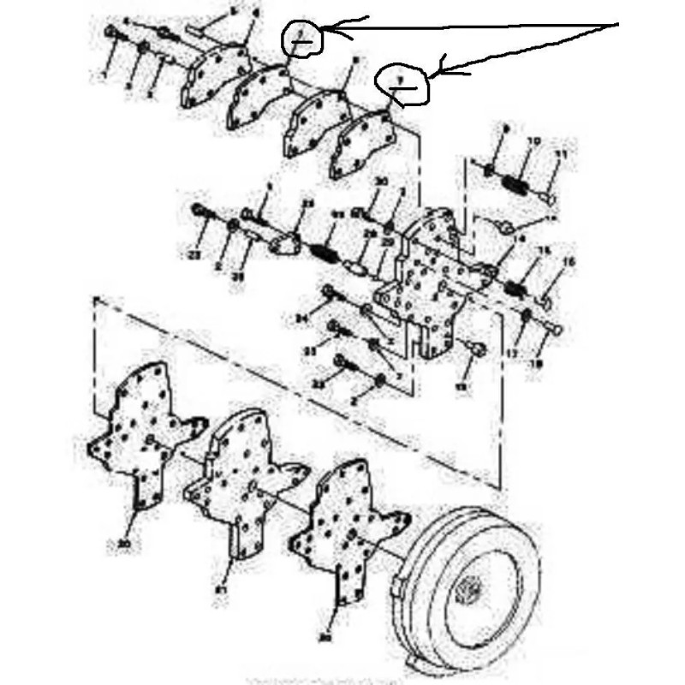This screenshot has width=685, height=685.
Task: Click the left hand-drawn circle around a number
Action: pyautogui.click(x=302, y=37)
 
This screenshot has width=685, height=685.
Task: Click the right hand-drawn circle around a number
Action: pyautogui.click(x=402, y=84)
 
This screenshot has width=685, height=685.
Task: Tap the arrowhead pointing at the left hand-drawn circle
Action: pyautogui.click(x=329, y=31)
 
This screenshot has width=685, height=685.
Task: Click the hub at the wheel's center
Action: pyautogui.click(x=470, y=592)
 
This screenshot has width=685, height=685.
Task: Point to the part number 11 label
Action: pyautogui.click(x=561, y=154)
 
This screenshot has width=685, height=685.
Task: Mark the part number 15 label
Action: pyautogui.click(x=542, y=250)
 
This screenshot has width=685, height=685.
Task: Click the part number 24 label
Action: pyautogui.click(x=301, y=319)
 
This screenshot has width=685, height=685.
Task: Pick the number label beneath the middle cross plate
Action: pyautogui.click(x=221, y=590)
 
